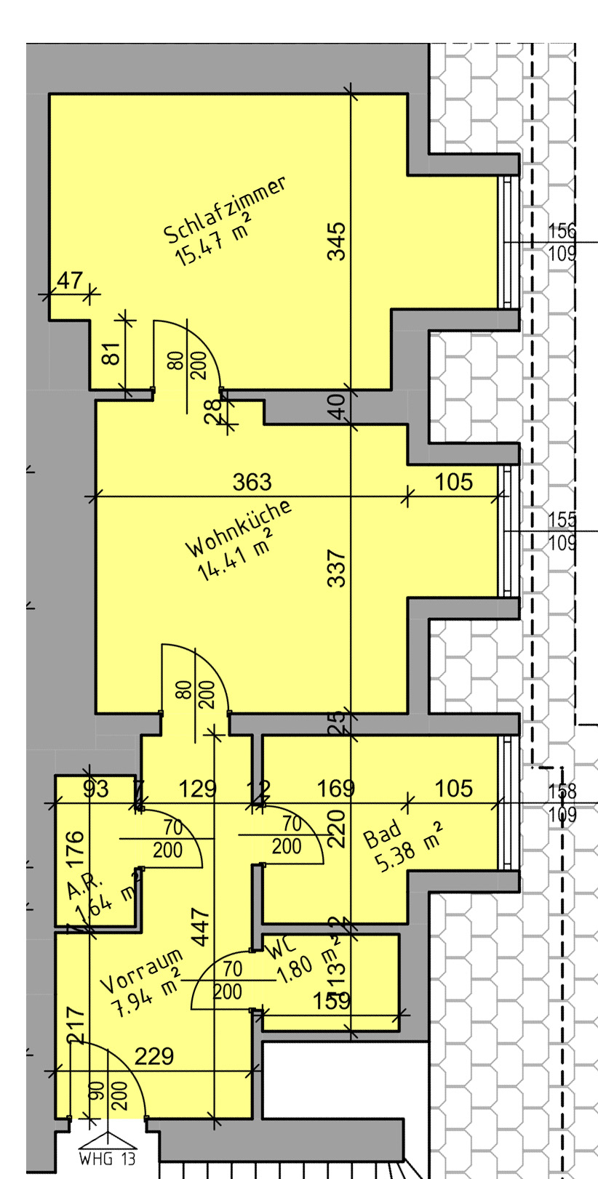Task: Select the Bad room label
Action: pyautogui.click(x=383, y=834)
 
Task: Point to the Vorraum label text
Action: pyautogui.click(x=140, y=970)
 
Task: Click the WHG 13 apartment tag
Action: pyautogui.click(x=107, y=1158)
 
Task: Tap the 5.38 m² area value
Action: pyautogui.click(x=408, y=850)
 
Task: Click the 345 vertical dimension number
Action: pyautogui.click(x=336, y=241)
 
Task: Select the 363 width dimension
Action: pyautogui.click(x=252, y=482)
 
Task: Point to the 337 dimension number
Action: pyautogui.click(x=336, y=568)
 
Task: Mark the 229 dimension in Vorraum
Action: pyautogui.click(x=154, y=1056)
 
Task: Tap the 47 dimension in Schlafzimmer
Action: pyautogui.click(x=70, y=281)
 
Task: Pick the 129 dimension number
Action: pyautogui.click(x=198, y=789)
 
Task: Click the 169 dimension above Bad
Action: pyautogui.click(x=336, y=789)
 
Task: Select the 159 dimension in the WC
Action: pyautogui.click(x=332, y=1001)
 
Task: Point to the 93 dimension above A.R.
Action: pyautogui.click(x=95, y=789)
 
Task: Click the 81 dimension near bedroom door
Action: pyautogui.click(x=111, y=354)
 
